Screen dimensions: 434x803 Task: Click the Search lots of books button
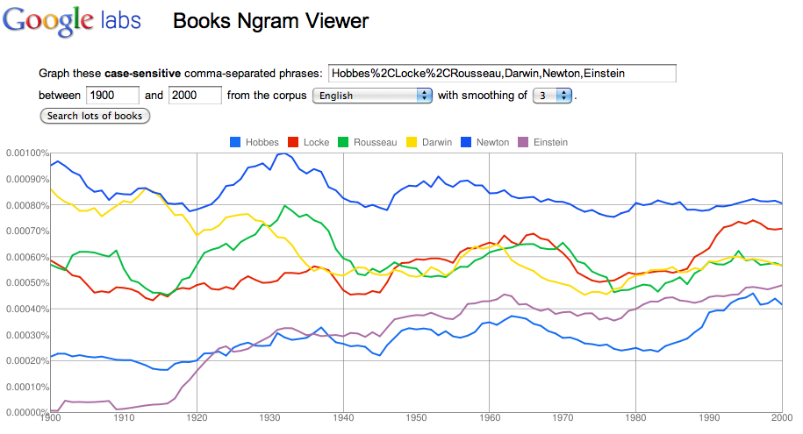[x=96, y=116]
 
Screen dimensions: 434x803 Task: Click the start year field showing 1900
[x=111, y=96]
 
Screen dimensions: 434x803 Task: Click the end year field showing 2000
[x=194, y=96]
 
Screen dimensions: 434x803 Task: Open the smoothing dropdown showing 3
[x=551, y=96]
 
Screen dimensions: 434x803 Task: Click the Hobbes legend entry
[x=257, y=142]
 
